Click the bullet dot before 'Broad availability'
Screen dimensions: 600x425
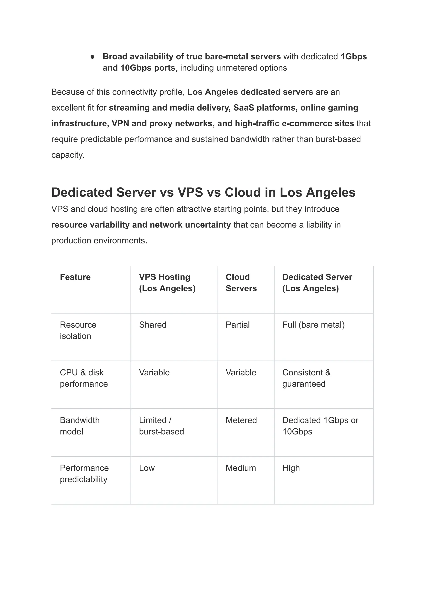(92, 57)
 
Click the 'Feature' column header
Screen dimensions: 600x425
(75, 277)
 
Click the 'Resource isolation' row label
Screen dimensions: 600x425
(78, 330)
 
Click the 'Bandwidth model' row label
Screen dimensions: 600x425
(79, 426)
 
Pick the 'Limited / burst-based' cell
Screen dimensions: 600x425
(161, 426)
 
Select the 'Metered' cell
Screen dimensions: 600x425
(241, 420)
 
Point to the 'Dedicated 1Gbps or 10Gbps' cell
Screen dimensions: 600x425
(320, 426)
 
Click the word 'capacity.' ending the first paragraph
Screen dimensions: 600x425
(68, 155)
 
